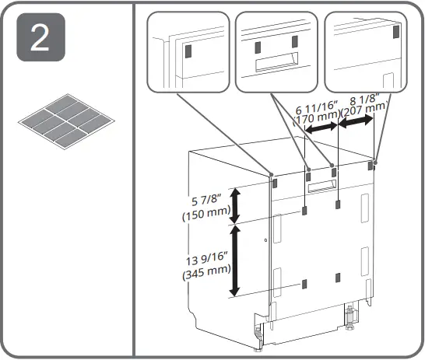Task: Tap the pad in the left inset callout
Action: (188, 51)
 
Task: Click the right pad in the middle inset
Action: (293, 39)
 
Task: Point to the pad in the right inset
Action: (396, 32)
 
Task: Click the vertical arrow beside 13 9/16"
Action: (233, 260)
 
